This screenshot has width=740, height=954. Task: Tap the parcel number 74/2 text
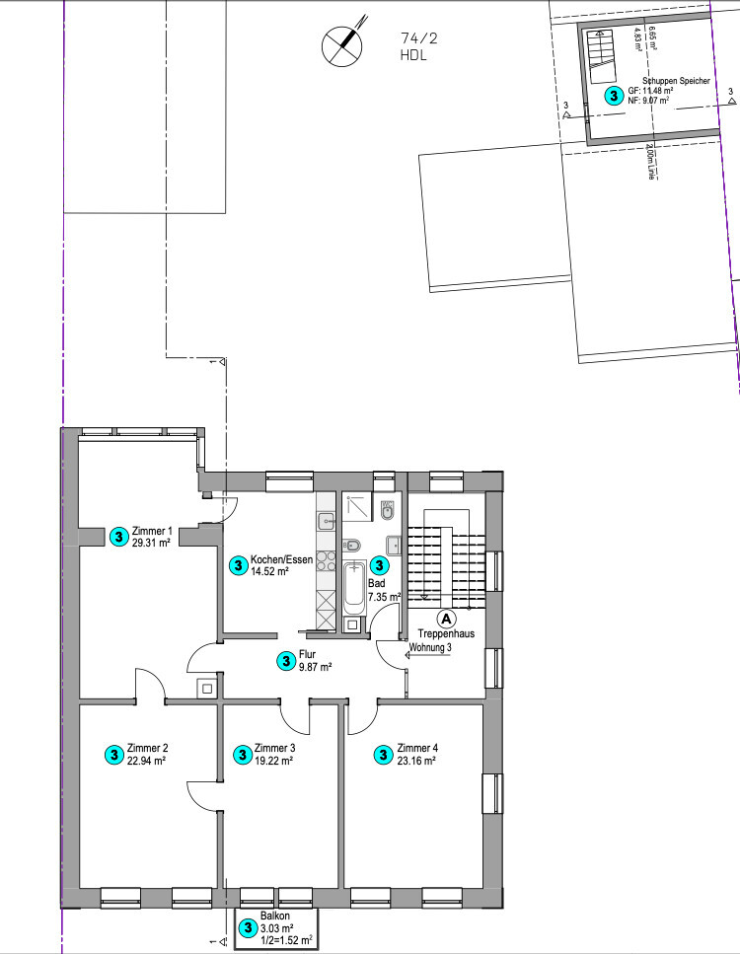419,38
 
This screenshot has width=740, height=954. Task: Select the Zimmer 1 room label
151,531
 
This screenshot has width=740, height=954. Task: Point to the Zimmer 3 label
274,748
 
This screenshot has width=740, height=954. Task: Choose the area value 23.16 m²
416,760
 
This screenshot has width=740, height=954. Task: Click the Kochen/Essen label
281,559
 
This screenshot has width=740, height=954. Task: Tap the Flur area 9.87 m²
315,666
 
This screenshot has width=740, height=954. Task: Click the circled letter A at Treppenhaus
446,619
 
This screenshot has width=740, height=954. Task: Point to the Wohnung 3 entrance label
430,647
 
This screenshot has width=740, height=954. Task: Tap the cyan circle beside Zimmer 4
383,754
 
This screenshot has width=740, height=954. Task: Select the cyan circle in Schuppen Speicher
614,96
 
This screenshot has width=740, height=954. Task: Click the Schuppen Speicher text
675,81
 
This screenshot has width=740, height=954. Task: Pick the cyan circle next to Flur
284,660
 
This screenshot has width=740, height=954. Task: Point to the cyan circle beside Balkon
249,928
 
